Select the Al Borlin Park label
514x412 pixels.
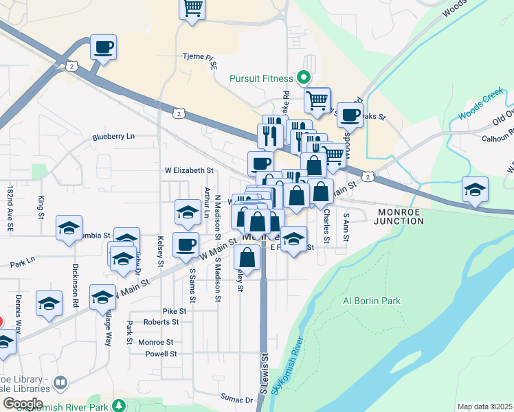[371, 301]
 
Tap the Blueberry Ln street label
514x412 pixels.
[114, 137]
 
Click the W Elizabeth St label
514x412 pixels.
[189, 170]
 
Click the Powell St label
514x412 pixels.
[161, 354]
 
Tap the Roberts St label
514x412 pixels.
[161, 321]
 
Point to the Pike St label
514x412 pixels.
[170, 311]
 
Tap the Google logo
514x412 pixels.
[22, 404]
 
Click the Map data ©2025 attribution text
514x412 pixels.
[484, 407]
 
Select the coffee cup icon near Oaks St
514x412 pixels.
[350, 115]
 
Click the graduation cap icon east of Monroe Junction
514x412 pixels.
[475, 189]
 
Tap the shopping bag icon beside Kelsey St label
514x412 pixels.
[247, 257]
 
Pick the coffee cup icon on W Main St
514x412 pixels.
[186, 245]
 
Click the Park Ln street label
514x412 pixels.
[23, 264]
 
